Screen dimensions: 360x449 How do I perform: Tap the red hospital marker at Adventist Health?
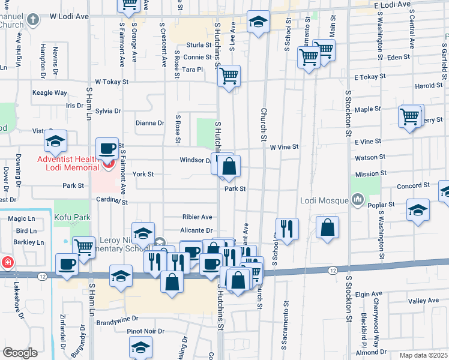[x=108, y=164]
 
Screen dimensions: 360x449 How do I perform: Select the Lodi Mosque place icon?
[x=358, y=199]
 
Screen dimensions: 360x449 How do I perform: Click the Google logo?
[x=20, y=353]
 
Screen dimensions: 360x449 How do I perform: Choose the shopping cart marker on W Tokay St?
[x=229, y=76]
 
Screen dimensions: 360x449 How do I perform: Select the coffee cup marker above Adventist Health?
[x=108, y=148]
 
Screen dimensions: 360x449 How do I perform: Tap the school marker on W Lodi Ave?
[x=258, y=23]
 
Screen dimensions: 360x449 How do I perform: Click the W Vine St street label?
[x=283, y=147]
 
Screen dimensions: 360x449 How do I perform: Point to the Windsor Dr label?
[x=194, y=160]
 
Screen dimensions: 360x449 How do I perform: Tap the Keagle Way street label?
[x=50, y=93]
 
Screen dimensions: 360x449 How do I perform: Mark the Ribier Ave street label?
[x=197, y=217]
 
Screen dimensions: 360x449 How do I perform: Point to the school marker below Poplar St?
[x=418, y=211]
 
